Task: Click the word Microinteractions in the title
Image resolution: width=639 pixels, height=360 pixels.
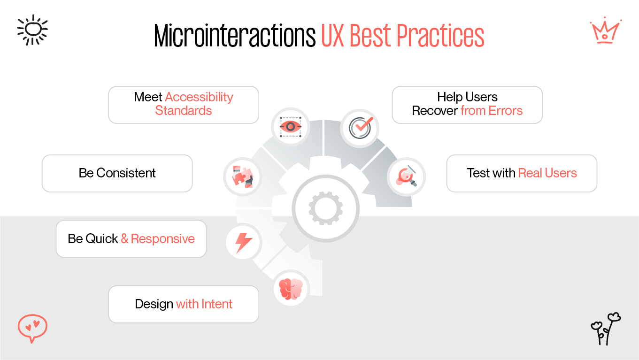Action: click(235, 36)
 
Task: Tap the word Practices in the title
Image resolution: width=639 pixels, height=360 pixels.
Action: click(440, 36)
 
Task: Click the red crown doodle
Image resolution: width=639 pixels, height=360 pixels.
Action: click(605, 31)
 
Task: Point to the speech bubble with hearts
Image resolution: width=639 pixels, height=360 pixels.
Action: click(32, 327)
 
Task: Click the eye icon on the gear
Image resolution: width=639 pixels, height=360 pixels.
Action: click(291, 127)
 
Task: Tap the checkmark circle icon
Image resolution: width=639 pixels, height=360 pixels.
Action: click(360, 127)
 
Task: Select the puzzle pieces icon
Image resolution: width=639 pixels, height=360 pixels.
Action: click(242, 177)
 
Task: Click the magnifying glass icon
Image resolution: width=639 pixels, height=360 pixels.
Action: click(406, 176)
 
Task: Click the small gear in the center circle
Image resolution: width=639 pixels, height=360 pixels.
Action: click(325, 207)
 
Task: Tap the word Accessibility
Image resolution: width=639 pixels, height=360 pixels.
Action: click(199, 97)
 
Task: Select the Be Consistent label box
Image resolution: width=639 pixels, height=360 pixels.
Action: click(117, 173)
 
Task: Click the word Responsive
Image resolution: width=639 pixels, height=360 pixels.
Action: click(162, 239)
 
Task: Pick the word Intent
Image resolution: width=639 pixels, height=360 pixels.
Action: click(216, 304)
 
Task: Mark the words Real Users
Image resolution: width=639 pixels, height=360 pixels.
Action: click(547, 173)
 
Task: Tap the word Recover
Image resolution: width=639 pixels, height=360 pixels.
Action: click(435, 111)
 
